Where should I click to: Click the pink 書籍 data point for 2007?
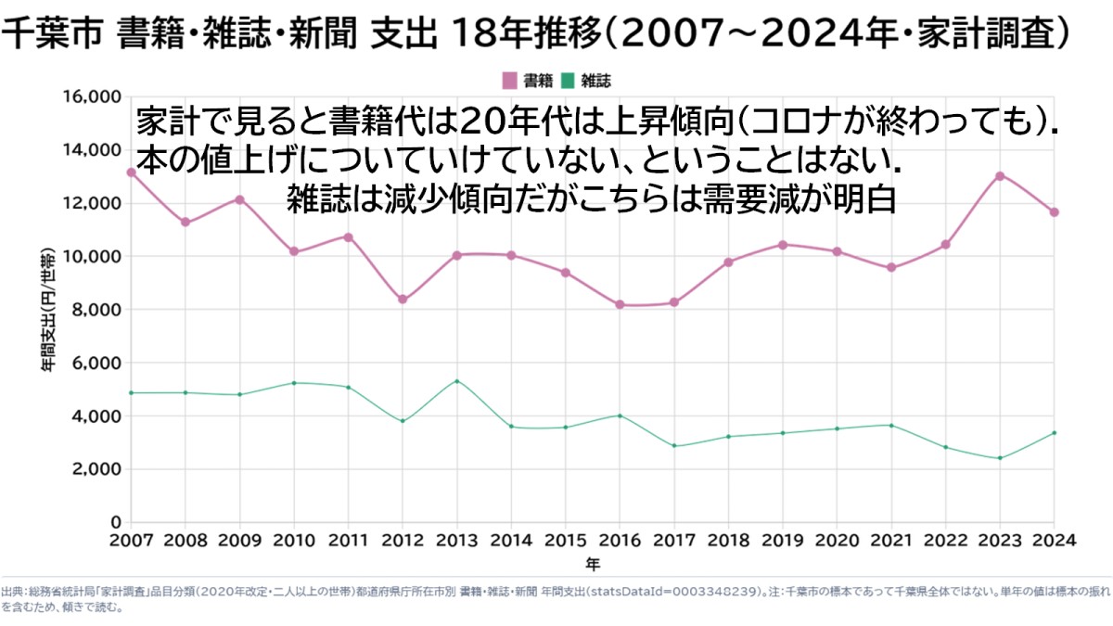[x=131, y=172]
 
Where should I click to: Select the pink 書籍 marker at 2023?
[x=1000, y=176]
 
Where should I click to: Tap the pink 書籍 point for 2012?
[x=403, y=300]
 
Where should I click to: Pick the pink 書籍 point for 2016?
[x=620, y=304]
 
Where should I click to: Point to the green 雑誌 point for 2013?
[x=457, y=381]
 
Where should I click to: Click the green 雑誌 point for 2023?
[x=1000, y=458]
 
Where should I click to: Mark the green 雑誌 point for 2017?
[x=674, y=446]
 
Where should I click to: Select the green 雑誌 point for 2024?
[x=1054, y=433]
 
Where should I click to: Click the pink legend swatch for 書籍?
[x=510, y=81]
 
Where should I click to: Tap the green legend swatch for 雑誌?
[x=568, y=81]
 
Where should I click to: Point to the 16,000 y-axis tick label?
[x=92, y=96]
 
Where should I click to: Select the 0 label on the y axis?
[x=116, y=522]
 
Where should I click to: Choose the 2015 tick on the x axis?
[x=566, y=540]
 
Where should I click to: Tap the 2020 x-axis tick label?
[x=837, y=540]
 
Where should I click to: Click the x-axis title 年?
[x=593, y=565]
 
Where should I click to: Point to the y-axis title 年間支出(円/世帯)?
[x=48, y=310]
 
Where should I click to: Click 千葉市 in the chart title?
[x=52, y=33]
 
